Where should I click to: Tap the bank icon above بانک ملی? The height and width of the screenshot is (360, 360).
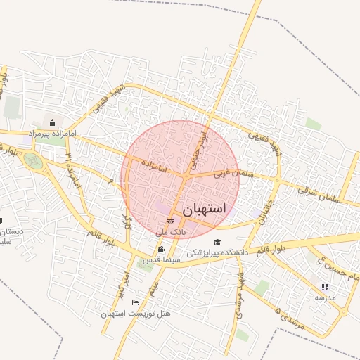click(169, 221)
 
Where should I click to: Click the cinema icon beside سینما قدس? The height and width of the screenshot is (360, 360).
click(162, 249)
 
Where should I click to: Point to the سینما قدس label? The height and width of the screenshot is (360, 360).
click(162, 259)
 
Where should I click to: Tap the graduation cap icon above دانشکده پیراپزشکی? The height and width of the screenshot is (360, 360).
click(217, 243)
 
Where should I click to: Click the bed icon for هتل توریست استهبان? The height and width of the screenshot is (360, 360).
click(136, 302)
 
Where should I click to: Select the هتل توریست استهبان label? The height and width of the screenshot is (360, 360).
click(136, 313)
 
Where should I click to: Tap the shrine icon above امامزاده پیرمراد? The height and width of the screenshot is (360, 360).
click(52, 123)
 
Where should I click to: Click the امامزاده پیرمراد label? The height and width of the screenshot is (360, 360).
click(51, 133)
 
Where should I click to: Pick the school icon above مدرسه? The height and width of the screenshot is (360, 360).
click(324, 287)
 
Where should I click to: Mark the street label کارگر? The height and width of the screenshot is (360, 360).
click(127, 222)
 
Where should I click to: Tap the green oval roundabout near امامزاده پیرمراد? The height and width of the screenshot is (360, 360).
click(32, 161)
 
